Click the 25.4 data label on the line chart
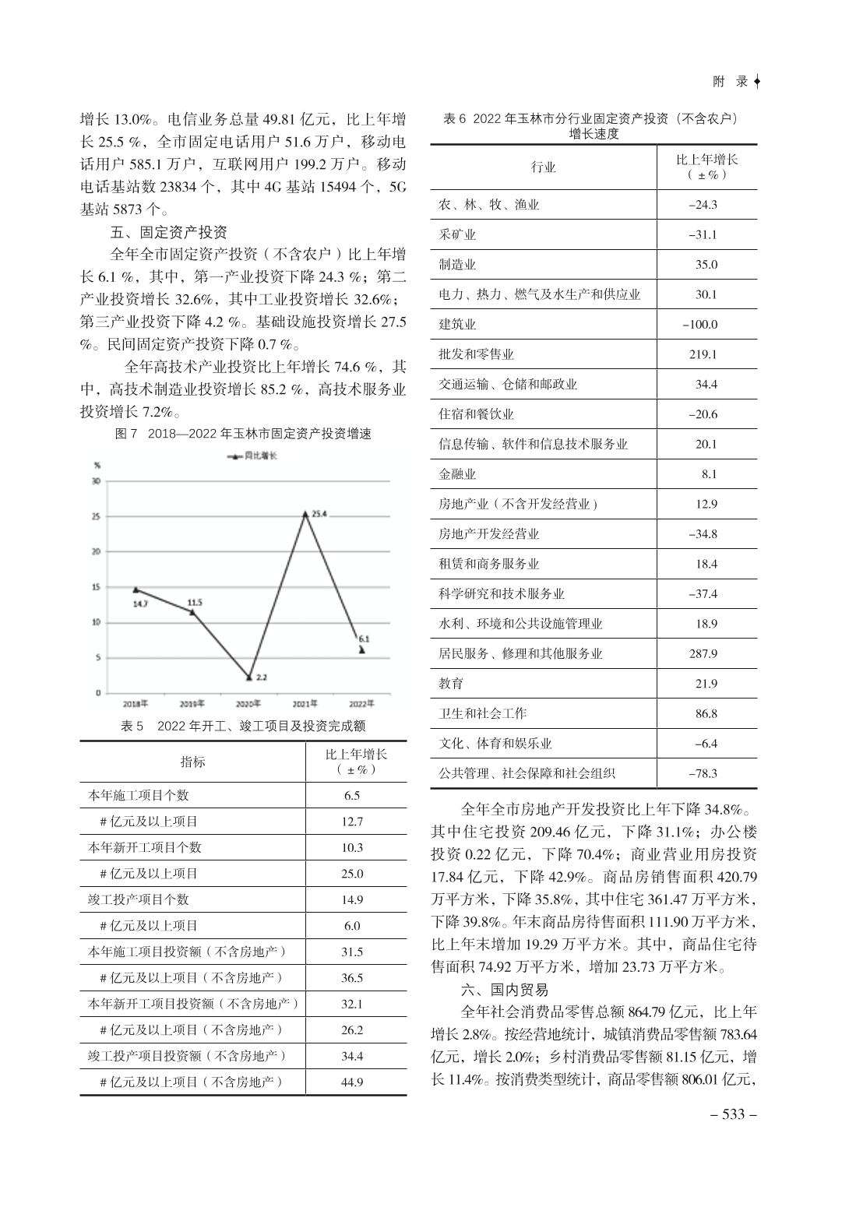pyautogui.click(x=319, y=514)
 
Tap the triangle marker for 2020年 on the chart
pyautogui.click(x=249, y=677)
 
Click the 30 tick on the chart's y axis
pyautogui.click(x=96, y=481)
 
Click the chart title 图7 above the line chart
pyautogui.click(x=243, y=434)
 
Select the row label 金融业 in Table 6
pyautogui.click(x=457, y=473)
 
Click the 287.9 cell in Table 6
pyautogui.click(x=703, y=653)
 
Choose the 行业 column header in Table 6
pyautogui.click(x=543, y=167)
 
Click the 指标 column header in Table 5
pyautogui.click(x=192, y=762)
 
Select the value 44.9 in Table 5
pyautogui.click(x=352, y=1082)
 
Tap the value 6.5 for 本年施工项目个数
pyautogui.click(x=352, y=795)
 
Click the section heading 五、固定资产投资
pyautogui.click(x=168, y=232)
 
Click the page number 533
pyautogui.click(x=734, y=1114)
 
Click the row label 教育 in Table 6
pyautogui.click(x=451, y=684)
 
